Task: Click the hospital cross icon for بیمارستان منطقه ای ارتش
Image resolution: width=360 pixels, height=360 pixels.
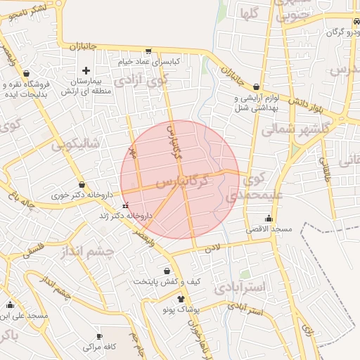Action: click(x=86, y=70)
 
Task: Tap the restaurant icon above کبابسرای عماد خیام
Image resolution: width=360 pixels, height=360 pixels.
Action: click(x=148, y=51)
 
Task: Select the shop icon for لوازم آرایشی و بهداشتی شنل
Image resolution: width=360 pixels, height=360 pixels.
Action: click(x=256, y=86)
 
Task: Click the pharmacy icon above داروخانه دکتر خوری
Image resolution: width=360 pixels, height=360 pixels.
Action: click(x=82, y=185)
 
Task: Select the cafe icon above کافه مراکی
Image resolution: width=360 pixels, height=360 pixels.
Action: click(x=99, y=336)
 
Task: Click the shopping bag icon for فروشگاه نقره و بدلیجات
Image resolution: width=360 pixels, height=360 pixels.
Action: click(x=27, y=73)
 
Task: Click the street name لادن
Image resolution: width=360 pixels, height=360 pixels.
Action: click(x=212, y=247)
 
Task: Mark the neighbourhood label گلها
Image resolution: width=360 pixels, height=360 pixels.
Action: click(x=252, y=13)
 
